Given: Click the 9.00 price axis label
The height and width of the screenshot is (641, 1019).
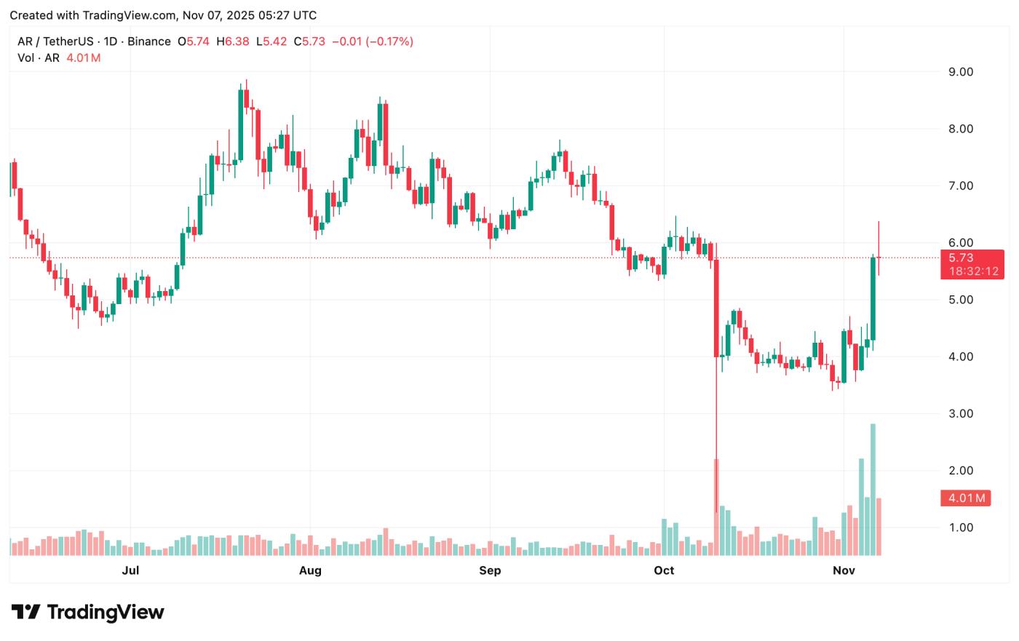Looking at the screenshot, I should pyautogui.click(x=961, y=72).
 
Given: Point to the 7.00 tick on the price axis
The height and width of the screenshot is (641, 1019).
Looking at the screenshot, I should pyautogui.click(x=961, y=186).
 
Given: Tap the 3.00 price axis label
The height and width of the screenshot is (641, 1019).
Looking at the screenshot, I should pyautogui.click(x=961, y=413).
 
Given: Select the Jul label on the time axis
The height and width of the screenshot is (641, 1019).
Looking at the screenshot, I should pyautogui.click(x=130, y=570).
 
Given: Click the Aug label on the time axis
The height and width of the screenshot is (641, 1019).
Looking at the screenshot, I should pyautogui.click(x=310, y=570).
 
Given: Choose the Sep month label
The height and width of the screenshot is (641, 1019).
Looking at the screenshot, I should pyautogui.click(x=490, y=570).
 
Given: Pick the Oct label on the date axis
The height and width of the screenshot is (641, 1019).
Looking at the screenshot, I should pyautogui.click(x=664, y=570).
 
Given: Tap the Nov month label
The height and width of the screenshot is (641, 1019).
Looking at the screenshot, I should pyautogui.click(x=844, y=570).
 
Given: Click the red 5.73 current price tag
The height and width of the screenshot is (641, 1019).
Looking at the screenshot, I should pyautogui.click(x=961, y=258).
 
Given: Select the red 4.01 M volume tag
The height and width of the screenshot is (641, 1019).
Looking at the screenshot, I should pyautogui.click(x=966, y=498).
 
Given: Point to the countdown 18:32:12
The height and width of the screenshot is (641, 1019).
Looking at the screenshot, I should pyautogui.click(x=973, y=271).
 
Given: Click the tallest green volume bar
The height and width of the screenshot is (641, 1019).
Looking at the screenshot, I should pyautogui.click(x=873, y=489).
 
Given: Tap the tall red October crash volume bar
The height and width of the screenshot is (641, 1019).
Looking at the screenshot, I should pyautogui.click(x=716, y=506).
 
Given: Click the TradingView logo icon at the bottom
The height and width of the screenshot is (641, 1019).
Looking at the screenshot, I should pyautogui.click(x=25, y=612).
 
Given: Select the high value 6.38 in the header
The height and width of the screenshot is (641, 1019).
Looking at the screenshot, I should pyautogui.click(x=237, y=41).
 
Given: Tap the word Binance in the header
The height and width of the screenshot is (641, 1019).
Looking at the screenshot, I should pyautogui.click(x=149, y=41).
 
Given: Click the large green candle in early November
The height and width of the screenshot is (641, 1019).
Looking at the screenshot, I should pyautogui.click(x=873, y=298).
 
